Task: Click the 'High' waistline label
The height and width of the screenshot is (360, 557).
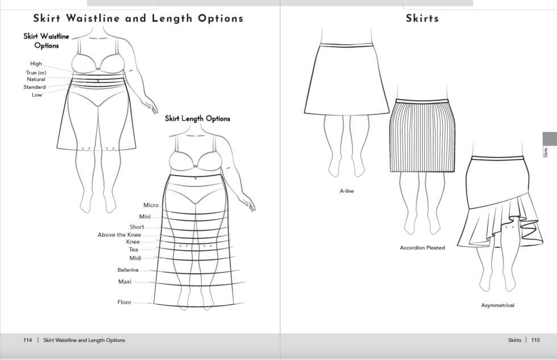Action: click(36, 64)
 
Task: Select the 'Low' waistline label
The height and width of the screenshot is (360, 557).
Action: click(36, 95)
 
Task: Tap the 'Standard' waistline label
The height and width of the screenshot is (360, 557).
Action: click(35, 87)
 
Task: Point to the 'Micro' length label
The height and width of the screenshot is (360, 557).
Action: click(151, 205)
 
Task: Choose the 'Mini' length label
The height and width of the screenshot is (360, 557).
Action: click(144, 217)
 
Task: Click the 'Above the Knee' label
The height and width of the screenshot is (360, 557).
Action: click(119, 235)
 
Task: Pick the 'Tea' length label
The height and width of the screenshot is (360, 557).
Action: click(134, 250)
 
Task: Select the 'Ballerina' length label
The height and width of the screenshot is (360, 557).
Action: click(128, 270)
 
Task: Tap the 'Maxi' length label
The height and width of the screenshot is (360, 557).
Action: click(124, 282)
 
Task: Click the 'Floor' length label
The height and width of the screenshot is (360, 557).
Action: click(124, 302)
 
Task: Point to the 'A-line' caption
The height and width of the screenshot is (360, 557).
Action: click(347, 191)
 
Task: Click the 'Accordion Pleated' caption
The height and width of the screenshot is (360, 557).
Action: click(422, 248)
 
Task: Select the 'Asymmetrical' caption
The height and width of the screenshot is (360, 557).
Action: click(497, 305)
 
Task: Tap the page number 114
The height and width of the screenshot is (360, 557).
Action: click(27, 340)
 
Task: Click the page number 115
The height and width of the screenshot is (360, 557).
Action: click(535, 340)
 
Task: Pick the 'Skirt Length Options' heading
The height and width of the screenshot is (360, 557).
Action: click(197, 119)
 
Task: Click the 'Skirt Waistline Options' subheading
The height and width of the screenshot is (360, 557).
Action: click(46, 41)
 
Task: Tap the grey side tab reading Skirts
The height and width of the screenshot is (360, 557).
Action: click(549, 146)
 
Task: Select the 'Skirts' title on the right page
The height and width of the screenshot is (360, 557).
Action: click(422, 18)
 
